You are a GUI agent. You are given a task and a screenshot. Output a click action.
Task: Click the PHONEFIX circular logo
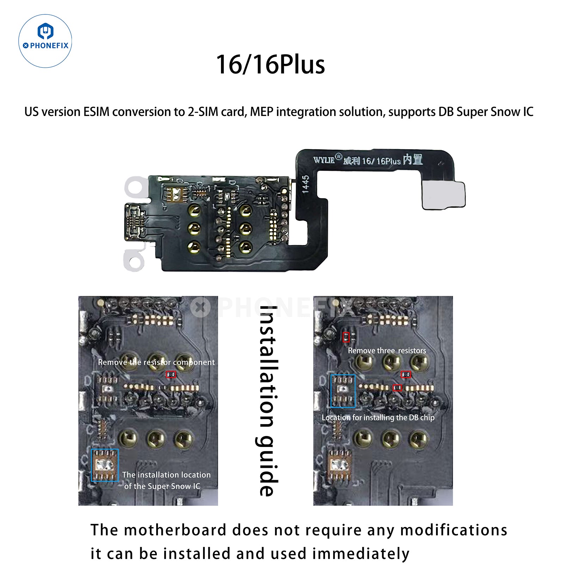pos(45,41)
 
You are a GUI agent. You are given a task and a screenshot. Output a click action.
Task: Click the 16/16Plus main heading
pos(270,65)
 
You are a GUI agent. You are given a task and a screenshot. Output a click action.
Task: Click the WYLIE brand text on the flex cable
pos(324,160)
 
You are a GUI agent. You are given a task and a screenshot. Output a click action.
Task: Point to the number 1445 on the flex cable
pos(305,184)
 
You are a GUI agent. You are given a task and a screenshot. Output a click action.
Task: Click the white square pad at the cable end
pos(443,195)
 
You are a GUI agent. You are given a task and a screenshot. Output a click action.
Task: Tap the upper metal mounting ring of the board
pos(135,186)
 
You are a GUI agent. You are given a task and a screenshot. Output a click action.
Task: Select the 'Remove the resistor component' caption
pos(156,362)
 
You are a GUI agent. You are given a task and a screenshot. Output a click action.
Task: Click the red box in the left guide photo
pos(171,374)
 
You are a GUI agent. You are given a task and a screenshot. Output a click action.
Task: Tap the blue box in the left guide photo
pos(105,465)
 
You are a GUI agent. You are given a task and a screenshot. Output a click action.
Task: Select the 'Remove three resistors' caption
pos(387,351)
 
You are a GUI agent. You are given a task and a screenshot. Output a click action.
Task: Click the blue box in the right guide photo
pos(343,391)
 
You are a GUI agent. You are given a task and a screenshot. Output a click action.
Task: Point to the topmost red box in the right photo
pos(346,337)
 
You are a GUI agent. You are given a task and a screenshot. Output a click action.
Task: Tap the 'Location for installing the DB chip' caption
pos(378,418)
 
